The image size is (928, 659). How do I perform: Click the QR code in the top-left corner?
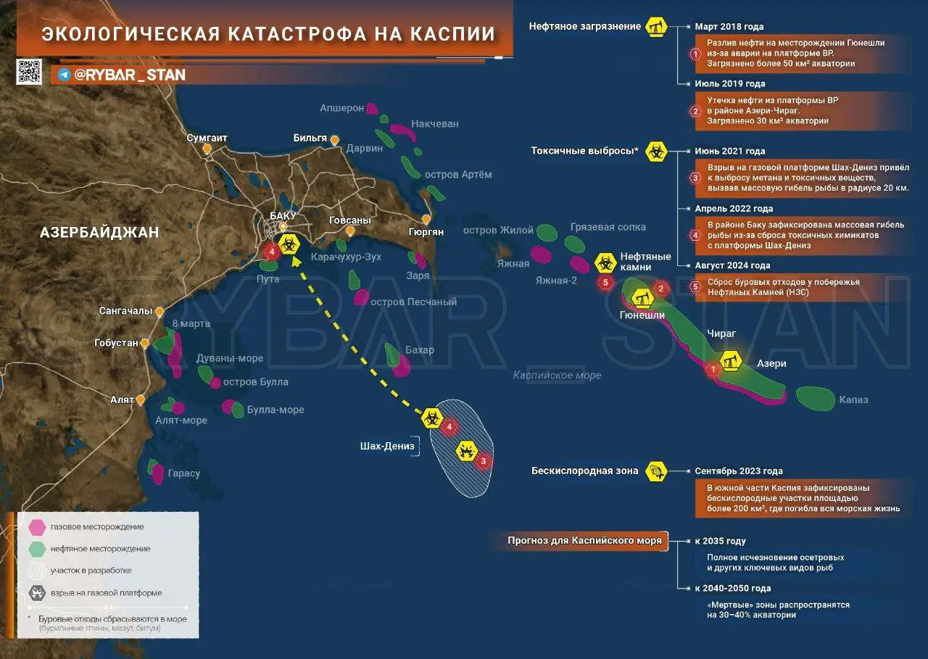coord(29,72)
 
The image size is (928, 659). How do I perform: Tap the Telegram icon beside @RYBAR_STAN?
coord(64,75)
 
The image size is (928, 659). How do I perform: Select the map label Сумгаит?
coord(207,138)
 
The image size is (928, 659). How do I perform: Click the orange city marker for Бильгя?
coord(334,140)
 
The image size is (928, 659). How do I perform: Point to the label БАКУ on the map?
coord(283,215)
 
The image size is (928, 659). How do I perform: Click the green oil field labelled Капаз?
coord(815,397)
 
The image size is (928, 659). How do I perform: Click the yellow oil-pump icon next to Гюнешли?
coord(639,297)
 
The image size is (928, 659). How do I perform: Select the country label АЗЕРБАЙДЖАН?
coord(99,233)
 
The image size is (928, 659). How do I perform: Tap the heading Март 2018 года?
coord(729,27)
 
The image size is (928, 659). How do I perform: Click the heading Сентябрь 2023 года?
coord(739,471)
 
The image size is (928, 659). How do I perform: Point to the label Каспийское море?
coord(557,376)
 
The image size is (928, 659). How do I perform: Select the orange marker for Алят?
coord(141,399)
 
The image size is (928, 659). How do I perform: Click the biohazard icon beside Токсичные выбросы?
coord(657,152)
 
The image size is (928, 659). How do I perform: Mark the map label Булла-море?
coord(275,410)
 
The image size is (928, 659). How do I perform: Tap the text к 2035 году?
coord(720,541)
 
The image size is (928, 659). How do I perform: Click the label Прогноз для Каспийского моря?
coord(584,541)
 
